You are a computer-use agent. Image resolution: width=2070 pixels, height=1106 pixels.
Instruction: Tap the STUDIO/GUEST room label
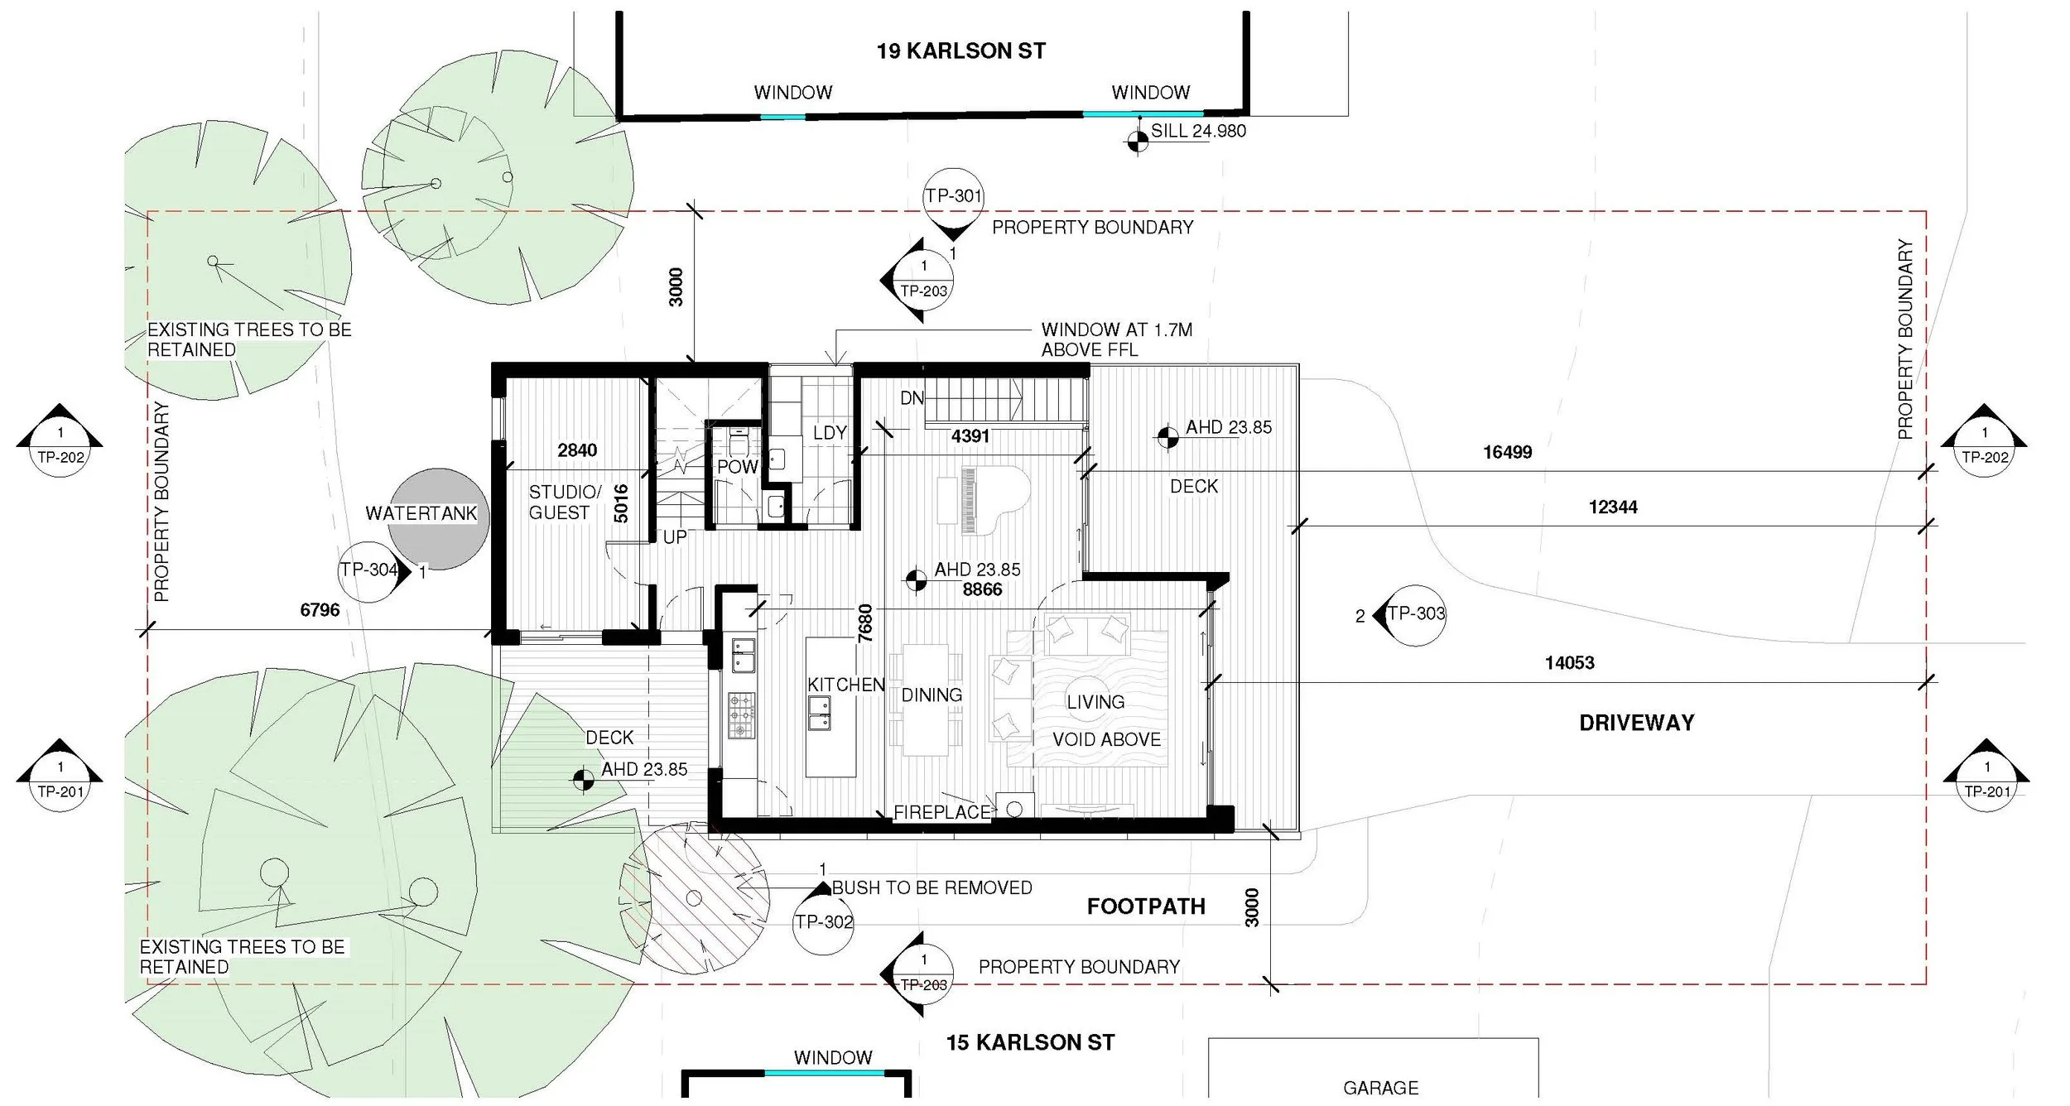564,503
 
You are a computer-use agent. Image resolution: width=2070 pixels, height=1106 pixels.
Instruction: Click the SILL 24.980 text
1197,131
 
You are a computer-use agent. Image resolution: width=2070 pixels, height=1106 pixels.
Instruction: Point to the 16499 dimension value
1507,452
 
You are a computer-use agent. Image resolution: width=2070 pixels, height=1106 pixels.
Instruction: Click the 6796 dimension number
320,610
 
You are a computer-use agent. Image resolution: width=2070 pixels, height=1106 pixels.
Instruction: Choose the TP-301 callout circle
953,197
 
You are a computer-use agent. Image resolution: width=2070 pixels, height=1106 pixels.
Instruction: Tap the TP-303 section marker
1414,614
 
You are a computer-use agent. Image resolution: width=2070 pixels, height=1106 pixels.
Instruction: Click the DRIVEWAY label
1636,723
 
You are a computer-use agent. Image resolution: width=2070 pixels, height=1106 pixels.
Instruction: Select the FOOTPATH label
1145,906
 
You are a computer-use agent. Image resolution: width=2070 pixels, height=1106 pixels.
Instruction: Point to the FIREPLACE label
941,812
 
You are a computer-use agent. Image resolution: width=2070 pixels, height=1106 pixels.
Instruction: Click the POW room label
737,467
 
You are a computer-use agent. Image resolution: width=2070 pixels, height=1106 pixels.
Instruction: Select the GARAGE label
1380,1087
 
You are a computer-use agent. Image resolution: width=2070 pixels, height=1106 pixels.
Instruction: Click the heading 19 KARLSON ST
960,51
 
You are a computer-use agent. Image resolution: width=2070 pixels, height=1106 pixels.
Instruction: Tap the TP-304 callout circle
368,570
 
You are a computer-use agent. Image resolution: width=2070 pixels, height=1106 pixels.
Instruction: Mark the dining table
925,700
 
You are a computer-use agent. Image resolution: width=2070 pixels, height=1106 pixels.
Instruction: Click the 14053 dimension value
1569,662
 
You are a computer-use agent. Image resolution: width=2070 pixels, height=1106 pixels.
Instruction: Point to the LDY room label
829,432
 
